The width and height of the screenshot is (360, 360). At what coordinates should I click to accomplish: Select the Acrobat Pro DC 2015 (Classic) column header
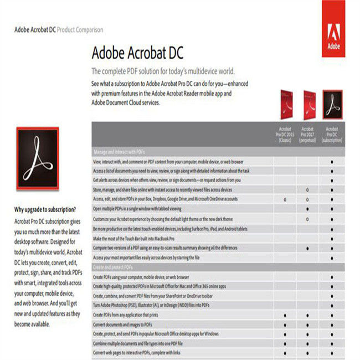(x=285, y=135)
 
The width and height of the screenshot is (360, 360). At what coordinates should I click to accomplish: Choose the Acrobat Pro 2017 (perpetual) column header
(x=307, y=135)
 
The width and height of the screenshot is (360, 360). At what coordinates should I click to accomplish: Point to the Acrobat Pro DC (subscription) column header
(x=331, y=135)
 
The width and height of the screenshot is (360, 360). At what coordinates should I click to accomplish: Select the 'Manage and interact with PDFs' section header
(x=119, y=151)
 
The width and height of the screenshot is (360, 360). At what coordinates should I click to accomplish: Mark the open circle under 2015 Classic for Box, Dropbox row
(x=285, y=199)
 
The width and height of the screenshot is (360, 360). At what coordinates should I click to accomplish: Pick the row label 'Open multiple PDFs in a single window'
(x=137, y=209)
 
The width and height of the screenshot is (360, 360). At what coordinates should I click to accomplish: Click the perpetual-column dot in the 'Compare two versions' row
(x=307, y=248)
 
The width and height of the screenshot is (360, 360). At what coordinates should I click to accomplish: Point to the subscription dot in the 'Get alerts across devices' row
(x=331, y=180)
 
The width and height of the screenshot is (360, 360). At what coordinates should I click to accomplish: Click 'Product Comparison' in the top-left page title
(x=80, y=29)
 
